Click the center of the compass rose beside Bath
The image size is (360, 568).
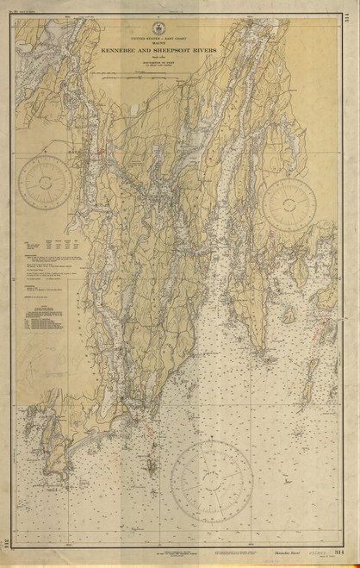49,180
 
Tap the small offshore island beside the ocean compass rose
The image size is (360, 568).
152,470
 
